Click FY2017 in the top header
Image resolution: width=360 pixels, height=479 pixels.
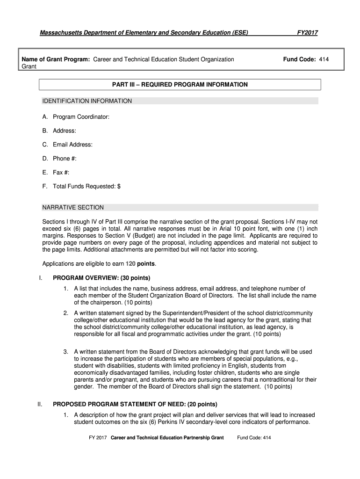(x=308, y=33)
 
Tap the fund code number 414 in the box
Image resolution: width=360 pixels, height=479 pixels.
(x=324, y=60)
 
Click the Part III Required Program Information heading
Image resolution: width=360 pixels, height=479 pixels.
(x=180, y=85)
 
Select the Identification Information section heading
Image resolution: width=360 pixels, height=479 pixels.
(x=87, y=101)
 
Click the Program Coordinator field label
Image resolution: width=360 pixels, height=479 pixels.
(x=81, y=116)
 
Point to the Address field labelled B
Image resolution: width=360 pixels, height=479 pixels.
(x=64, y=131)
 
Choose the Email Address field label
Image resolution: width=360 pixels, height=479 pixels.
(x=72, y=145)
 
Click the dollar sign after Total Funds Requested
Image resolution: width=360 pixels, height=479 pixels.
(x=119, y=187)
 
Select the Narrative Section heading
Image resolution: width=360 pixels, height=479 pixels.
(x=73, y=207)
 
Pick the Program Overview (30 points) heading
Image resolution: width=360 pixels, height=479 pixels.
(x=101, y=278)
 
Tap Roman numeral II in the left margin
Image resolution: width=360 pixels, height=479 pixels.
(x=41, y=404)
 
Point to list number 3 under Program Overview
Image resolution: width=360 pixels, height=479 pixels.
(x=66, y=351)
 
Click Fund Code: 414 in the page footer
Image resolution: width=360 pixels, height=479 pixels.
(x=254, y=438)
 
